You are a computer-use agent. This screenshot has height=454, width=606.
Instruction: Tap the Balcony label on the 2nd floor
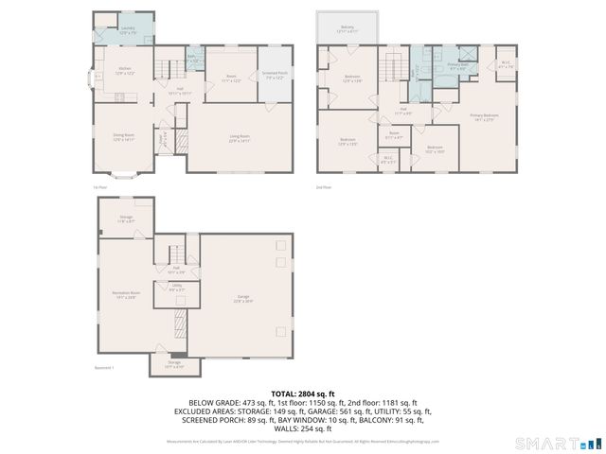tap(348, 29)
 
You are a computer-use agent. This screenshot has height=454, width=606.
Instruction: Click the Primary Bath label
tap(458, 66)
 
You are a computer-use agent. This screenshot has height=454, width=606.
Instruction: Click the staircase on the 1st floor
tap(169, 68)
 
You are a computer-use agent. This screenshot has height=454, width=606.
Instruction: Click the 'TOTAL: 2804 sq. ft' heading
tap(303, 393)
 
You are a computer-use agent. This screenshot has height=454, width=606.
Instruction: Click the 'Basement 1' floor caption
tap(104, 368)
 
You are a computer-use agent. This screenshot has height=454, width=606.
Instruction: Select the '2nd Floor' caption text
tap(324, 187)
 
